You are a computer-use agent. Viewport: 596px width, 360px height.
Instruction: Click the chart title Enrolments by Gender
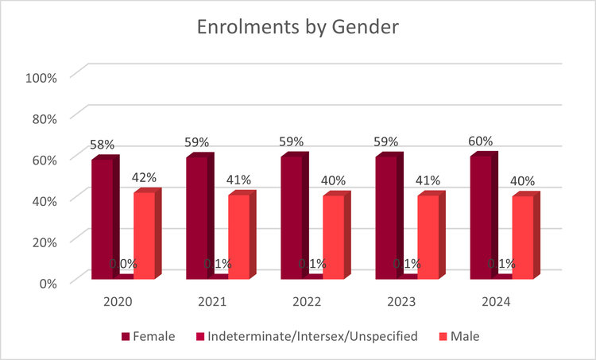(x=298, y=27)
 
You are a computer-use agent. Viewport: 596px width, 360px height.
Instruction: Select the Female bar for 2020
(x=102, y=219)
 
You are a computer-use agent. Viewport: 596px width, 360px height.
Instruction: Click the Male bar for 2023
(x=428, y=236)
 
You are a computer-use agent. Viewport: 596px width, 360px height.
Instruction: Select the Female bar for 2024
(x=481, y=217)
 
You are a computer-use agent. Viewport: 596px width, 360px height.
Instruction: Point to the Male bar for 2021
(x=238, y=236)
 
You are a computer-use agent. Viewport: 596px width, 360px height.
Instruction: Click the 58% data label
(x=103, y=145)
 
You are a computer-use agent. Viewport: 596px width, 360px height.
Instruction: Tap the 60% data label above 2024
(x=482, y=141)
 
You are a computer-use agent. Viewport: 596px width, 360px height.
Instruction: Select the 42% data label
(x=144, y=178)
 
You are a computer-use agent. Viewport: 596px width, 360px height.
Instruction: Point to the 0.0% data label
(x=123, y=263)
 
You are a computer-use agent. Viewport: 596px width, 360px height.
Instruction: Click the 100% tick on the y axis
(x=41, y=77)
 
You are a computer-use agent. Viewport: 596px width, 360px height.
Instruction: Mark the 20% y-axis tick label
(x=44, y=241)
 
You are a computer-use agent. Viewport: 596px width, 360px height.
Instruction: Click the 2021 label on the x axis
(x=212, y=302)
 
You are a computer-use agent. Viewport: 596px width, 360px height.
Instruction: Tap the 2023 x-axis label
(x=401, y=302)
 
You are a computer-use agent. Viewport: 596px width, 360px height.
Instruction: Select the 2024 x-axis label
(x=496, y=302)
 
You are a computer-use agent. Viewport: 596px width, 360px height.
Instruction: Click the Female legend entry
(x=149, y=336)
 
